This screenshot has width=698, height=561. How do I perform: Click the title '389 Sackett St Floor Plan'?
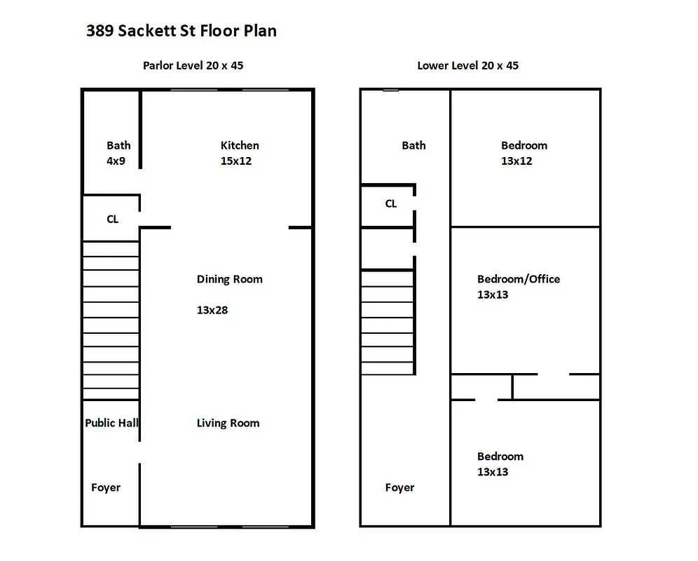(181, 31)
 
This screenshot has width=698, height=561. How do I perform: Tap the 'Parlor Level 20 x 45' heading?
(193, 66)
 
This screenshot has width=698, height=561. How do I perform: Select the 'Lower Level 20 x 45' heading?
(467, 66)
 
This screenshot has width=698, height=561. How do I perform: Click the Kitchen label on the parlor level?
(240, 146)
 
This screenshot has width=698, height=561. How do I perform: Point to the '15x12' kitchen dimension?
(236, 161)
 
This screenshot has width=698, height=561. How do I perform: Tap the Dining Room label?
(229, 279)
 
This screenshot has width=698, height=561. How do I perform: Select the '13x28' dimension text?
(212, 310)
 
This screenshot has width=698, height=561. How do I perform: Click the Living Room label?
(228, 424)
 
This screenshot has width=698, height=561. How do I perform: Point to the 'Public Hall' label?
(111, 423)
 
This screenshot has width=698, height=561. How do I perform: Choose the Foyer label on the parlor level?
(106, 488)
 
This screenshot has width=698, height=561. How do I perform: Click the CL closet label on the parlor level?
(112, 219)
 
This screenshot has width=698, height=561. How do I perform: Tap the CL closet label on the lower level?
(391, 204)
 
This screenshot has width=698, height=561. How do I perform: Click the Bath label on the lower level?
(413, 146)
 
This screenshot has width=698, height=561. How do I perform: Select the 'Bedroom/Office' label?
(519, 279)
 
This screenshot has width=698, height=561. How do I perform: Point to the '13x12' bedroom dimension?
(516, 161)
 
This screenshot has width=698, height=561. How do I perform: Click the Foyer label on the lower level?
(399, 488)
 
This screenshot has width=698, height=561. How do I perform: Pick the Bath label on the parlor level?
(118, 146)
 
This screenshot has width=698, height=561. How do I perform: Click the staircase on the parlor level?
(111, 320)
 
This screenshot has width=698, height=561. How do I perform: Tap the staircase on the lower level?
(387, 323)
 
